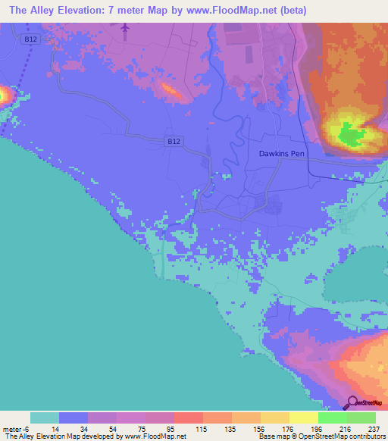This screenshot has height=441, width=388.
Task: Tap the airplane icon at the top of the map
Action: click(x=125, y=28)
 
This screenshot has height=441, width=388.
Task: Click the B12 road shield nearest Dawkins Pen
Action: click(x=174, y=140)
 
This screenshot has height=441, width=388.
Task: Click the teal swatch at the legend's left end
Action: click(x=44, y=418)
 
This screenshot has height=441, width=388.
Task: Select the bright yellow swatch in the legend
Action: click(x=303, y=418)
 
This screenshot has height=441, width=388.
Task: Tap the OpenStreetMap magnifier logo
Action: click(x=351, y=402)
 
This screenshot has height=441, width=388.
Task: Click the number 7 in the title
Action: click(x=114, y=11)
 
